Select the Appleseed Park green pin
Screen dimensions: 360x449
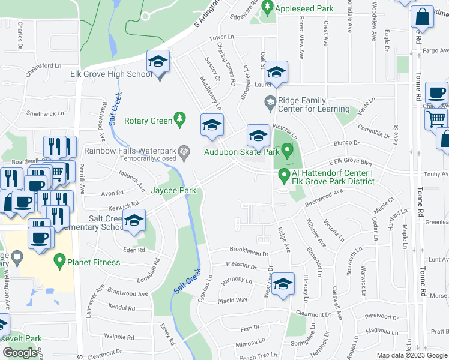point(268,8)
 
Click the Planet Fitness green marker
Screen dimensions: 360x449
point(59,262)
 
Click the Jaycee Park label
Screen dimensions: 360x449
point(173,191)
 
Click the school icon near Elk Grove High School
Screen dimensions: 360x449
point(158,63)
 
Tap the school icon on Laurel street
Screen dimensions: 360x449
point(276,74)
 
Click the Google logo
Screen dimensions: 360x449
point(20,352)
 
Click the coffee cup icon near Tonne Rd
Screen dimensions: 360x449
point(436,94)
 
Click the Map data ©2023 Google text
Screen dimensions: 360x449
point(411,355)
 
